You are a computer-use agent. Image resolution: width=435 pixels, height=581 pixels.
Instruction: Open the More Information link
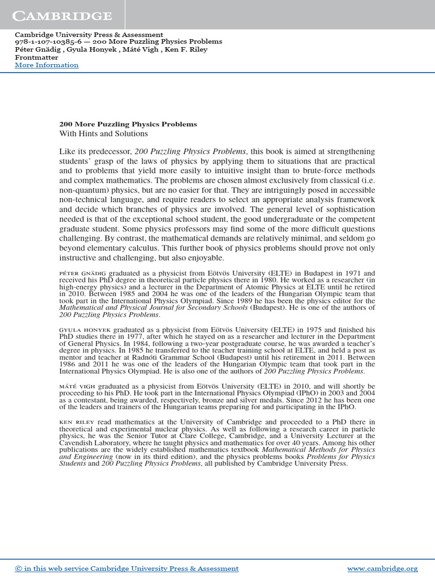pos(46,65)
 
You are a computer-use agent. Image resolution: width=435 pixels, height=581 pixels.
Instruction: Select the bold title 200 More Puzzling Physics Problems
pos(128,124)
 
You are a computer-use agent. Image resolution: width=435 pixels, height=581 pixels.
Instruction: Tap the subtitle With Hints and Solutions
pos(103,134)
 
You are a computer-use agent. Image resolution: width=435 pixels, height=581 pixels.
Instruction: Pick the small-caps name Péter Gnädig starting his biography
pos(83,273)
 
